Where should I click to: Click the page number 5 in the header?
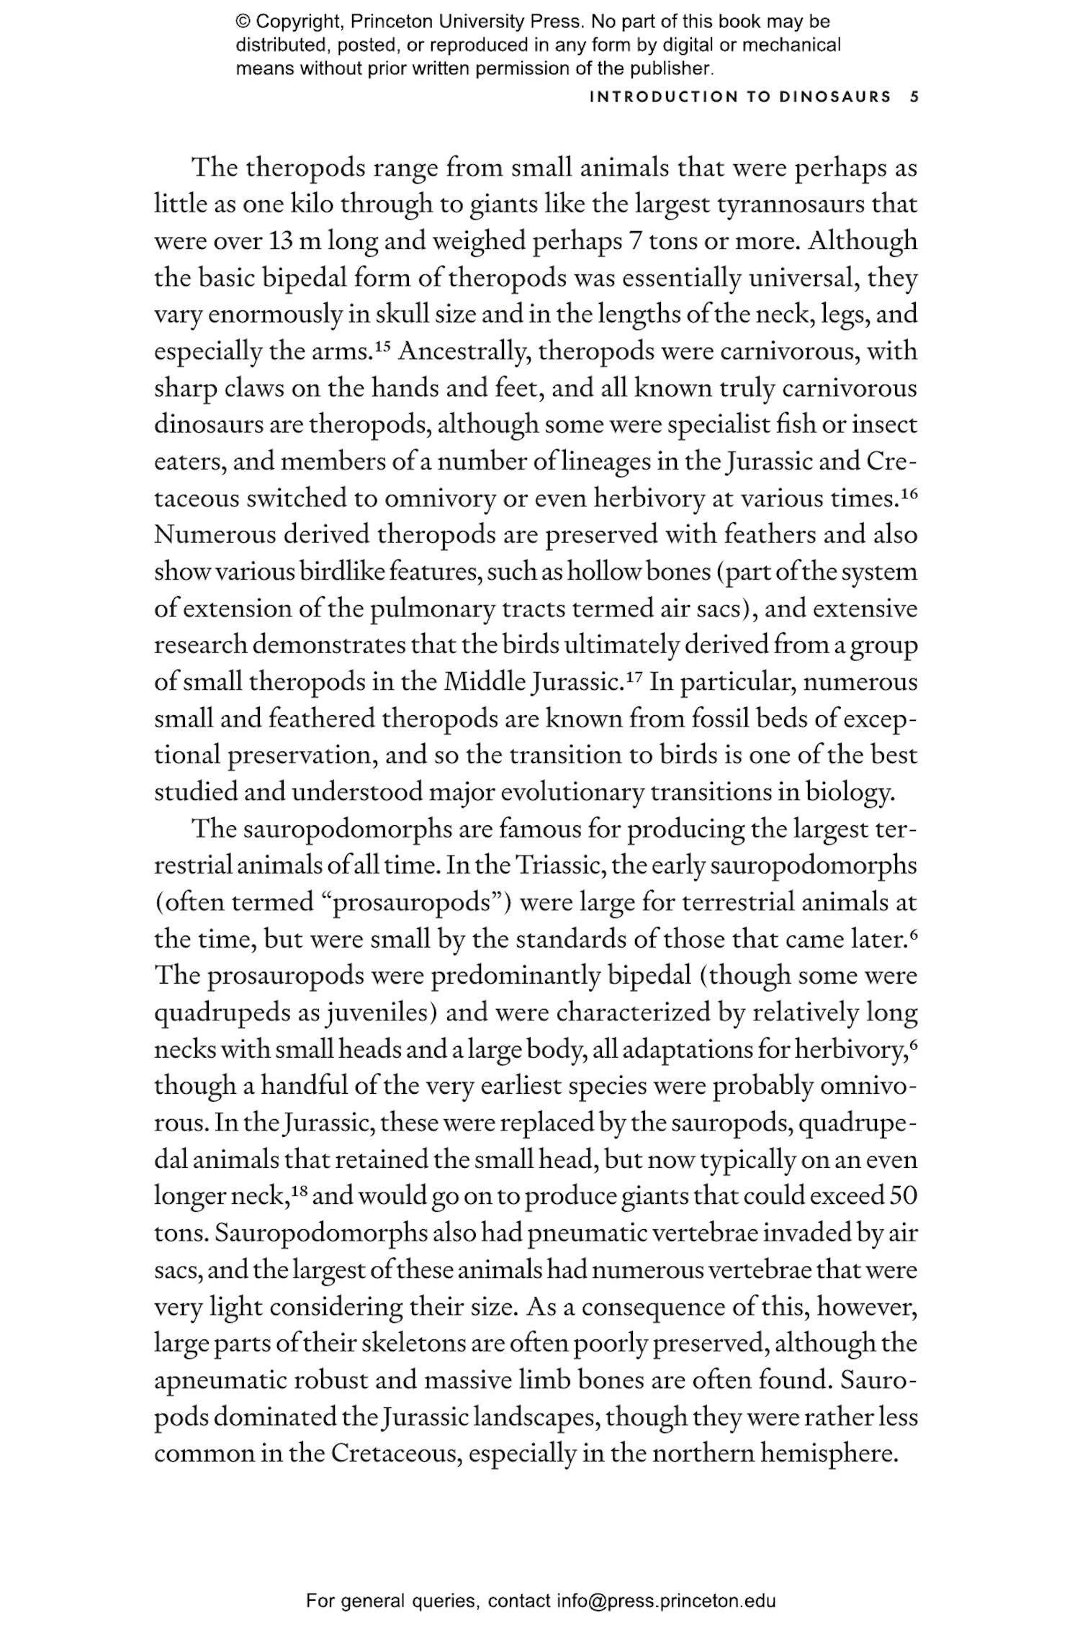coord(914,97)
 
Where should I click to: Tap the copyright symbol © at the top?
coord(242,22)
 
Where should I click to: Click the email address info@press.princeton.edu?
coord(665,1602)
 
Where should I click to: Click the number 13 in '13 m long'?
coord(279,241)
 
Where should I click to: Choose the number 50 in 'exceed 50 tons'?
coord(904,1196)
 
